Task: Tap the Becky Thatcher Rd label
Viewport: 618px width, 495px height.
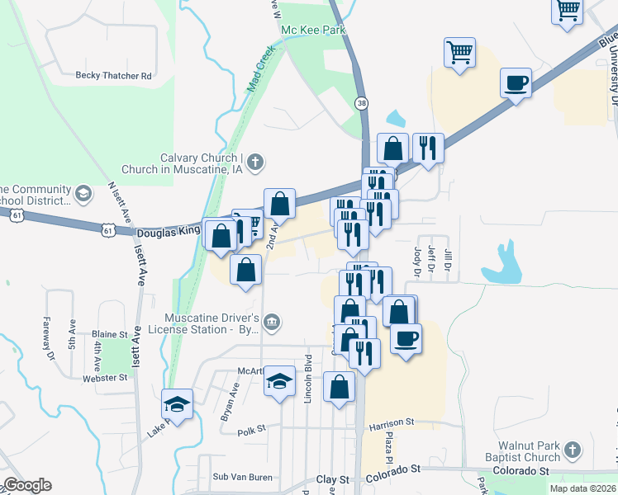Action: tap(114, 75)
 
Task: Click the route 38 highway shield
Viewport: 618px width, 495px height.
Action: tap(362, 102)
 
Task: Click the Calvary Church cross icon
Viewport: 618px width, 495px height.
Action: tap(256, 162)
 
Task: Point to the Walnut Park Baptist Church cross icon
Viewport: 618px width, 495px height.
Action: tap(574, 450)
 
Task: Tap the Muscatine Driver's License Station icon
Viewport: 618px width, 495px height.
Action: tap(273, 320)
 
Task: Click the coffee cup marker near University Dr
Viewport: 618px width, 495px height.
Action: tap(516, 82)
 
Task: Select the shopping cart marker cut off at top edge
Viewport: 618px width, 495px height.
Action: tap(568, 11)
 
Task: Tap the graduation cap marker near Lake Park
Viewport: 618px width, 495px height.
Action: tap(177, 404)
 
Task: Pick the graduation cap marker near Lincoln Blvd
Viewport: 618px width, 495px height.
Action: tap(279, 381)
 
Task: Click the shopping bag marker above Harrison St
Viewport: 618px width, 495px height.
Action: tap(339, 387)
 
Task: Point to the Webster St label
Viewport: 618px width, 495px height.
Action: tap(105, 378)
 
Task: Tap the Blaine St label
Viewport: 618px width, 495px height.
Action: tap(110, 335)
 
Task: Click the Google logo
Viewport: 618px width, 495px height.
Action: tap(27, 485)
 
